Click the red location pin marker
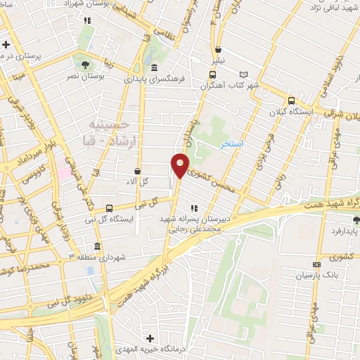pyautogui.click(x=180, y=166)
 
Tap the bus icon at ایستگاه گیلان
pyautogui.click(x=291, y=99)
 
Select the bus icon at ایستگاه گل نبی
pyautogui.click(x=109, y=208)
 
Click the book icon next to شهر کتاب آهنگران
pyautogui.click(x=244, y=74)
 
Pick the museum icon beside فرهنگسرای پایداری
pyautogui.click(x=154, y=68)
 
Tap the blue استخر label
pyautogui.click(x=231, y=143)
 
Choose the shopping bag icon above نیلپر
pyautogui.click(x=219, y=50)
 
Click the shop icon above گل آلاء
pyautogui.click(x=137, y=171)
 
